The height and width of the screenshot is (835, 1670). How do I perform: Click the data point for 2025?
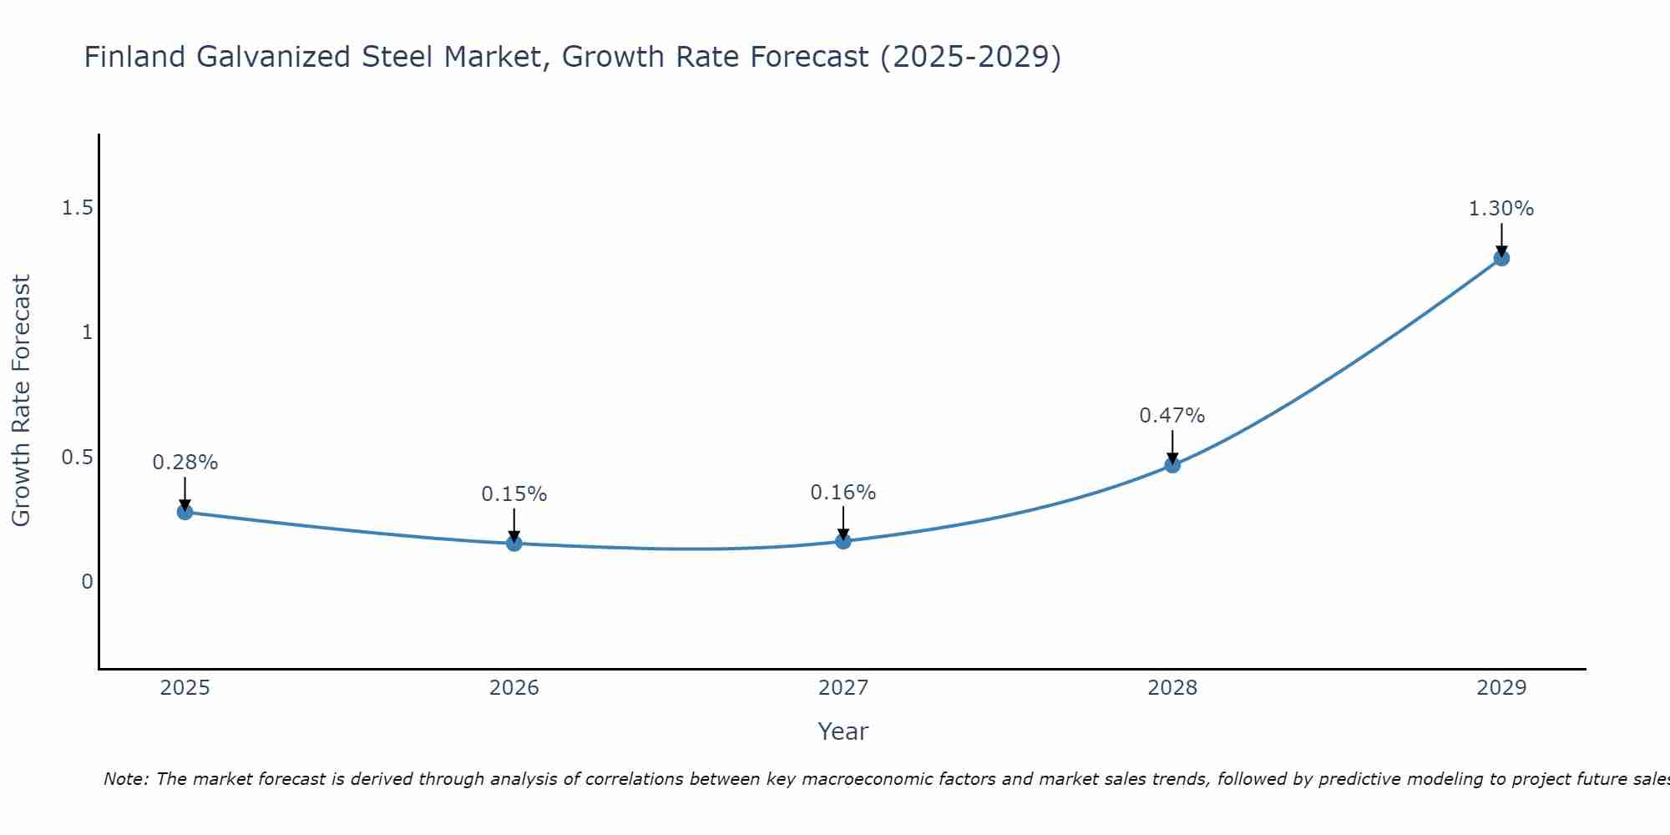click(x=185, y=512)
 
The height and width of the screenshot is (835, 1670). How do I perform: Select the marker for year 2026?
click(x=514, y=544)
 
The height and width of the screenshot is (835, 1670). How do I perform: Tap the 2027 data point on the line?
click(x=843, y=541)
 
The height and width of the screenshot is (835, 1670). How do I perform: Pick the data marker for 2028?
click(x=1172, y=465)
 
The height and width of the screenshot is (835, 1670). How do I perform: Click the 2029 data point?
click(x=1501, y=258)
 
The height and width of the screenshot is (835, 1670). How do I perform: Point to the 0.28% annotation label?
click(x=185, y=463)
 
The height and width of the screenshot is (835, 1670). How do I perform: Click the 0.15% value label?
click(x=514, y=494)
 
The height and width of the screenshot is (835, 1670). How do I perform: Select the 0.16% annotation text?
click(x=843, y=493)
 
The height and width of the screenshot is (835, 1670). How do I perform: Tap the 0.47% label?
click(x=1172, y=416)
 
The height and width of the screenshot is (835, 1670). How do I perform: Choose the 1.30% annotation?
click(x=1501, y=209)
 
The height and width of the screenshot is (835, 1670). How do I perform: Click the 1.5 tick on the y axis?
click(x=77, y=209)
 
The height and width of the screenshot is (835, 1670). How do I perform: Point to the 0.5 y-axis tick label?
click(x=77, y=458)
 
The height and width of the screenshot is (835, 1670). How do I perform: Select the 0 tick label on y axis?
click(x=87, y=582)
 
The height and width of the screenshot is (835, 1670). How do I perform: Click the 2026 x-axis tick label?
click(x=514, y=688)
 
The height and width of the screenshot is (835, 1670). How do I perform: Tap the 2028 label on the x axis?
click(x=1172, y=688)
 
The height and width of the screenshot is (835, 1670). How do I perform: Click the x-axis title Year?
click(x=843, y=731)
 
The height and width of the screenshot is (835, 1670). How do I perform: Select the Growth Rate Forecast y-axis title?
click(x=21, y=401)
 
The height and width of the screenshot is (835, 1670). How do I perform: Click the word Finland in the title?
click(x=134, y=57)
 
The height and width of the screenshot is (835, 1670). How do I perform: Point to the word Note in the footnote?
click(x=125, y=779)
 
